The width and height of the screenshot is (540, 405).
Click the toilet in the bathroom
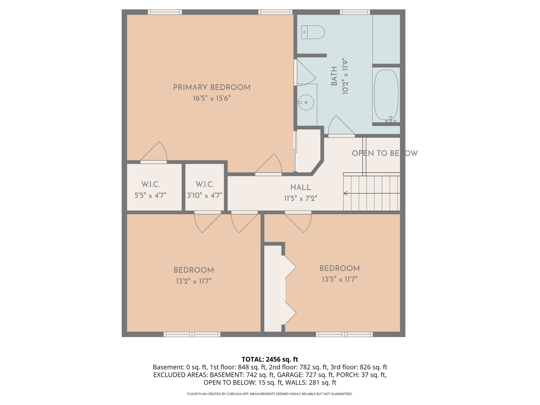[x=313, y=32]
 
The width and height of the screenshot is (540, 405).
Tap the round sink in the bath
[x=306, y=102]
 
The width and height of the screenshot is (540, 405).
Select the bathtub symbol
[x=386, y=95]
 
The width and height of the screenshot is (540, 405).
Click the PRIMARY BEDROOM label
[x=212, y=87]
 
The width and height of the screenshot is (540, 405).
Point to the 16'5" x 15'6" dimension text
[x=212, y=98]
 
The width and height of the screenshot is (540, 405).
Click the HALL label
[x=301, y=187]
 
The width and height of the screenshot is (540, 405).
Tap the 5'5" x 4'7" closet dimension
[x=150, y=195]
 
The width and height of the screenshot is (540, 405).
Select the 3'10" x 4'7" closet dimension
[x=205, y=195]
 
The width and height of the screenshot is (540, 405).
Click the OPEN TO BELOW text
[x=385, y=153]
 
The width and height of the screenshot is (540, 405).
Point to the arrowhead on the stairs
[x=345, y=193]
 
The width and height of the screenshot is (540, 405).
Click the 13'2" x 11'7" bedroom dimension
[x=194, y=281]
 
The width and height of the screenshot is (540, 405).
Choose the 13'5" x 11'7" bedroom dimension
[x=340, y=279]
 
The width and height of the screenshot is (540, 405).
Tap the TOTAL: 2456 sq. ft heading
[x=270, y=359]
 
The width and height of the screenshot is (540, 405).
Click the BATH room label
[x=334, y=76]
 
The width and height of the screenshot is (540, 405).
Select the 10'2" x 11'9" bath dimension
[x=345, y=76]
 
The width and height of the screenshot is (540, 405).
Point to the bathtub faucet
[x=391, y=119]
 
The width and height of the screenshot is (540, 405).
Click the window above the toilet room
[x=355, y=12]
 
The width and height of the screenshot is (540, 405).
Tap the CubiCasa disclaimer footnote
[x=270, y=394]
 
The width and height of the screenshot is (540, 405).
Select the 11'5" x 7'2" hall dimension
[x=301, y=199]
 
